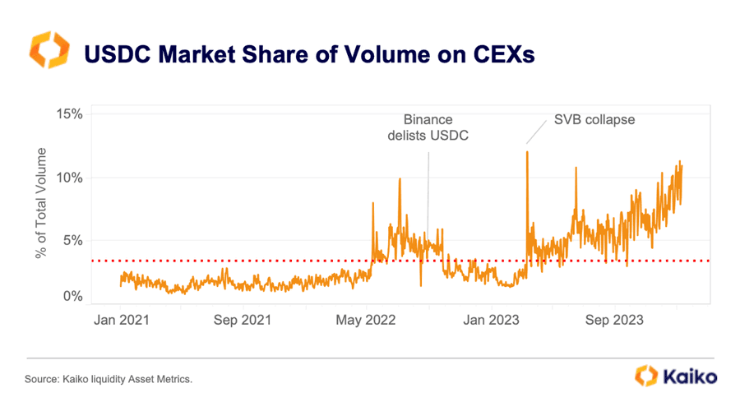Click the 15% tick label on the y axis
[68, 113]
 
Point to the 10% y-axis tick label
[68, 177]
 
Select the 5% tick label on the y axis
[72, 240]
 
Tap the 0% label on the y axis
[72, 296]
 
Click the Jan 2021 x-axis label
[120, 319]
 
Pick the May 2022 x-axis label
[368, 319]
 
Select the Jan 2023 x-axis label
[491, 319]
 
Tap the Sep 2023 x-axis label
[614, 319]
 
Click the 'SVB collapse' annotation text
[594, 119]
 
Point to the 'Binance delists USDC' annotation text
[428, 127]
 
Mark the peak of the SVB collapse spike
[527, 152]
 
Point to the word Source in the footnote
[41, 379]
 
